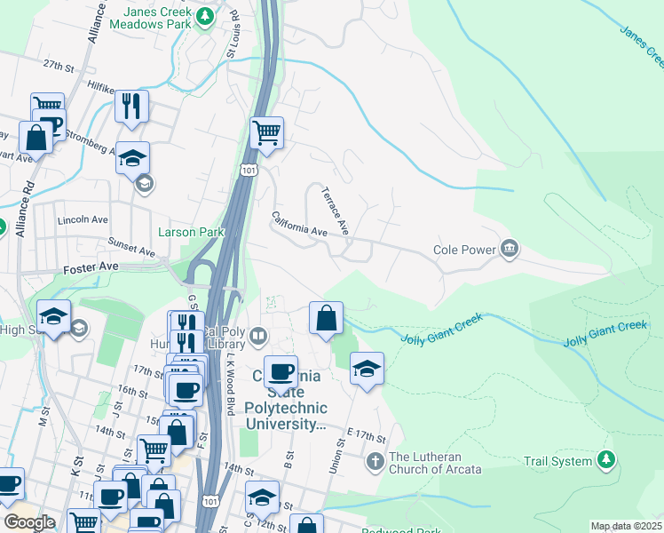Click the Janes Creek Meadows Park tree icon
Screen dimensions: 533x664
point(206,15)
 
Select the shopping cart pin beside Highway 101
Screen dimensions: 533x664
point(266,134)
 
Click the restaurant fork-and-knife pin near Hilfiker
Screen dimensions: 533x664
point(131,106)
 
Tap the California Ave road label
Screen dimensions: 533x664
point(299,223)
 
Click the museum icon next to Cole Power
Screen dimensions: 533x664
point(510,248)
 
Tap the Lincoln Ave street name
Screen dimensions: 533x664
point(82,219)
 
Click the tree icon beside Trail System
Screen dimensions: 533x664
point(605,459)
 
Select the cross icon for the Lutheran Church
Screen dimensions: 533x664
point(375,460)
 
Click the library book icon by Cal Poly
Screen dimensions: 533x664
point(257,335)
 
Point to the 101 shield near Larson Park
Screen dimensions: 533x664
point(249,170)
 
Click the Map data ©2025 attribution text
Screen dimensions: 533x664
point(626,526)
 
